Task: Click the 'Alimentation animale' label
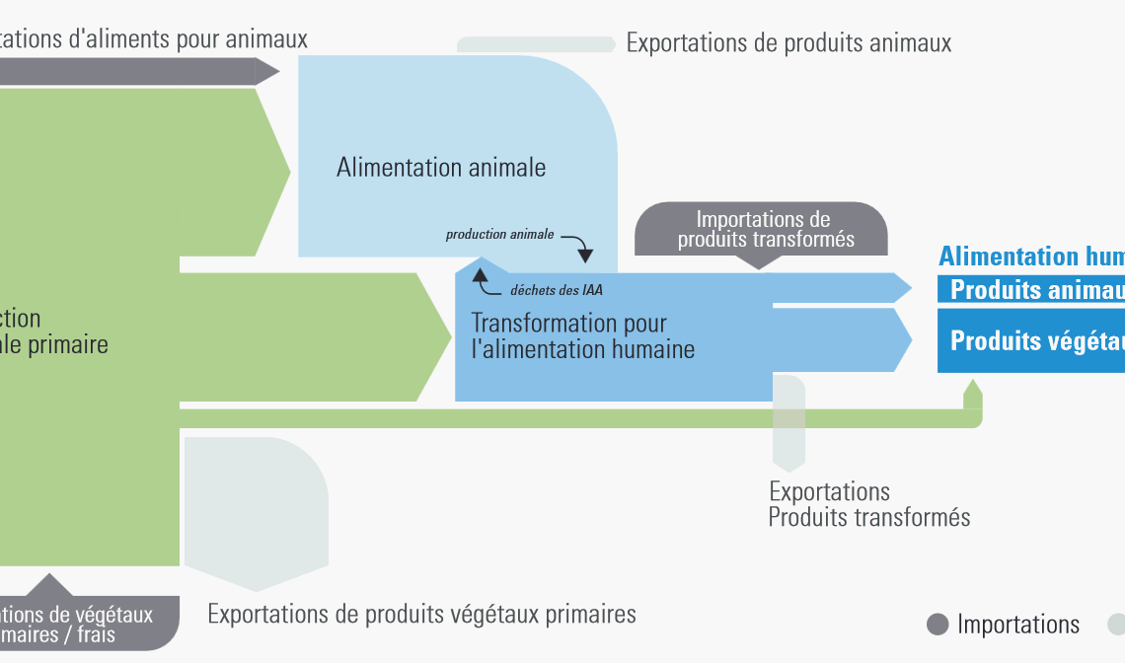click(x=441, y=168)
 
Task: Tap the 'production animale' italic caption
click(x=499, y=235)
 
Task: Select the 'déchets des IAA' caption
click(x=556, y=290)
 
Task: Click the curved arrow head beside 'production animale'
click(x=585, y=256)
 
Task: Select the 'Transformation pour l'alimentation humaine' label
click(x=582, y=335)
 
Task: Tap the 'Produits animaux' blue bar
click(x=1031, y=290)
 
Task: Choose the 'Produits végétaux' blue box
click(x=1031, y=340)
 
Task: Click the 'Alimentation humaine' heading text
click(x=1031, y=257)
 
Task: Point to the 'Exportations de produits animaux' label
click(x=788, y=43)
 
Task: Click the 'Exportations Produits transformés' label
click(x=868, y=504)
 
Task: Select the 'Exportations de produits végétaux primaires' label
click(x=421, y=614)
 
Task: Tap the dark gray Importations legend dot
click(x=938, y=625)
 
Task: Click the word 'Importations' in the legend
click(x=1018, y=625)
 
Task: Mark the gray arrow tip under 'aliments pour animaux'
click(x=267, y=71)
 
